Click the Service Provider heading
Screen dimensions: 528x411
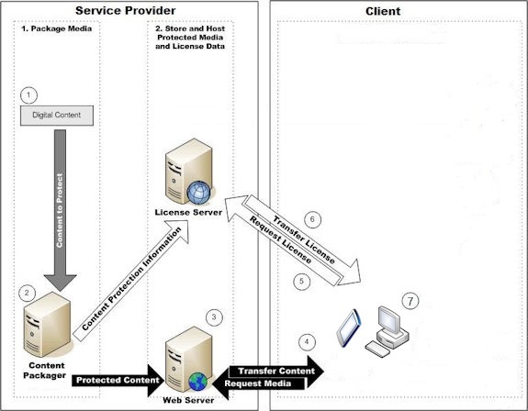pos(125,11)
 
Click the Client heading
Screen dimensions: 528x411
pos(383,11)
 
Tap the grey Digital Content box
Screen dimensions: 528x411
pos(57,116)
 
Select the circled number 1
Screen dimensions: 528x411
pos(28,95)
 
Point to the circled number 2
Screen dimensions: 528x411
pos(27,294)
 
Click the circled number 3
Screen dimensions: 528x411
pos(214,317)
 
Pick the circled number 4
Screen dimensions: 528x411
pos(307,342)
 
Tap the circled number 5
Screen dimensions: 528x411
pos(302,281)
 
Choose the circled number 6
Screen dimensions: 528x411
pos(312,219)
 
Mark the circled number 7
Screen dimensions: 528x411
pos(410,301)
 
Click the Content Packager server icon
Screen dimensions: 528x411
pos(48,325)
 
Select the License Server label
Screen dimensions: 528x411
pos(188,213)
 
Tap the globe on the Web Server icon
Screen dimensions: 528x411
pos(198,382)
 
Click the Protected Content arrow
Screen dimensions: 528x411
pos(118,381)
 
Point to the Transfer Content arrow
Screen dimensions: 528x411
pos(276,371)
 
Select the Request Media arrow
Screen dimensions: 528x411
pos(259,383)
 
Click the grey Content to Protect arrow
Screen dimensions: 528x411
pos(60,210)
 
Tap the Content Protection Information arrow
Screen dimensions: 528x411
pos(130,281)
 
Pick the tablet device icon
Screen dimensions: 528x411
pos(349,328)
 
